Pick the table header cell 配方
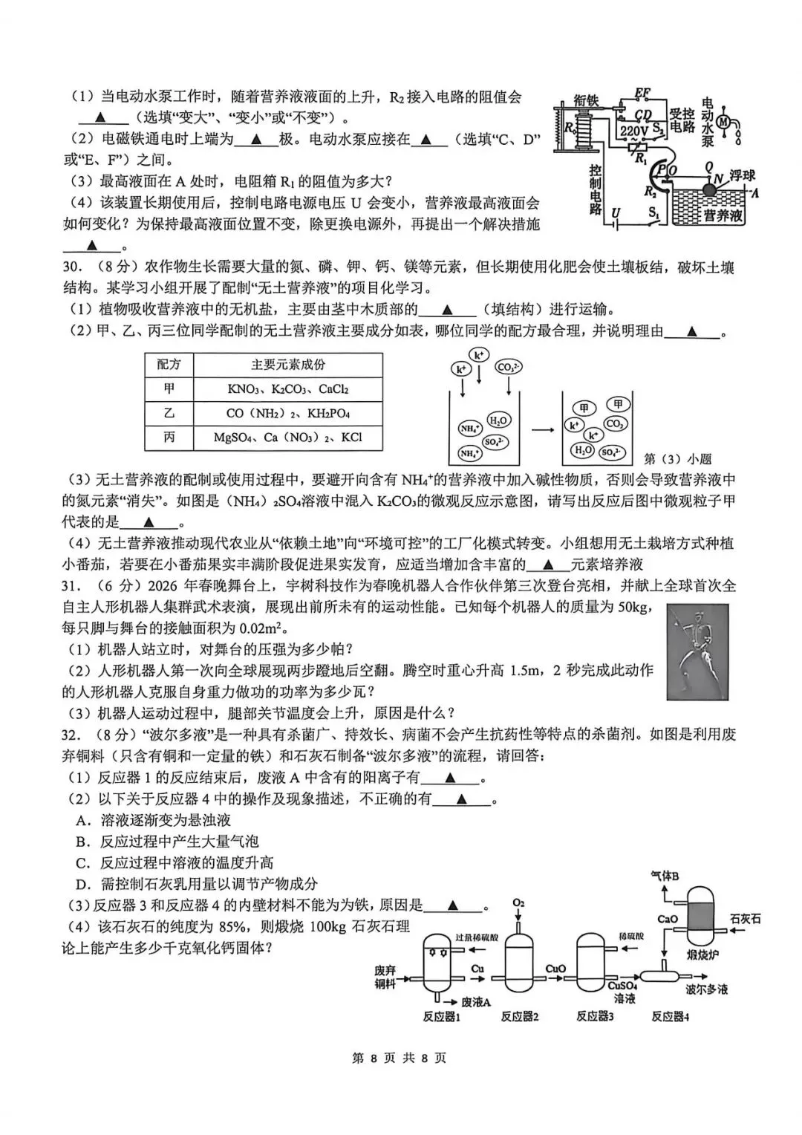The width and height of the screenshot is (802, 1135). (169, 365)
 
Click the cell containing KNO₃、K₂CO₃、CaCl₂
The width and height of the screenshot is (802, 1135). (288, 389)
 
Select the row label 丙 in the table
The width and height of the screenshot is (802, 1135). (169, 438)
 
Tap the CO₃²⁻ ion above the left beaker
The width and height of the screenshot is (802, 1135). (508, 368)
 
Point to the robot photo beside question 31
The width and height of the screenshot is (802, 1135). (697, 651)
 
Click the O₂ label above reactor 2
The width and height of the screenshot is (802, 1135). (518, 903)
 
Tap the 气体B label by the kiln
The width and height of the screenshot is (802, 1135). (665, 876)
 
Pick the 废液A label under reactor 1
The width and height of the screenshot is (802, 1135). (476, 1002)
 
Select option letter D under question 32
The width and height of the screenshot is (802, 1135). (83, 884)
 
